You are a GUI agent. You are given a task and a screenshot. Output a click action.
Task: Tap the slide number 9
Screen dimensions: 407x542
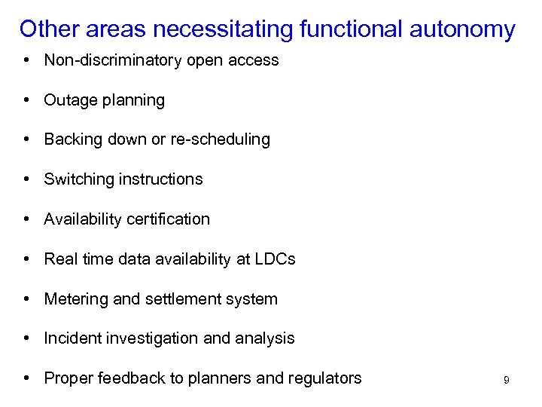point(507,381)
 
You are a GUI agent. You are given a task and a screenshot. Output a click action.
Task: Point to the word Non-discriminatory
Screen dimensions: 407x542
point(111,60)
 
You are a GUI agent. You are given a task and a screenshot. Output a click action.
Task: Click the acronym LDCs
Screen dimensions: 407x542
point(276,259)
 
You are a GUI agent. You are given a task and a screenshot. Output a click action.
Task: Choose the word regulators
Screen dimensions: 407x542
point(324,378)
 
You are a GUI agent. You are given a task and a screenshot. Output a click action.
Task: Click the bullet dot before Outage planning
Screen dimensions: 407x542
point(26,100)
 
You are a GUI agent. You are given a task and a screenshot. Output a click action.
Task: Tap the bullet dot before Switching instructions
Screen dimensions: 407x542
point(26,179)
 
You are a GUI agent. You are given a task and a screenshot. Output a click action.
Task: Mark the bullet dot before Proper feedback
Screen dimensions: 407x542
point(26,378)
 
